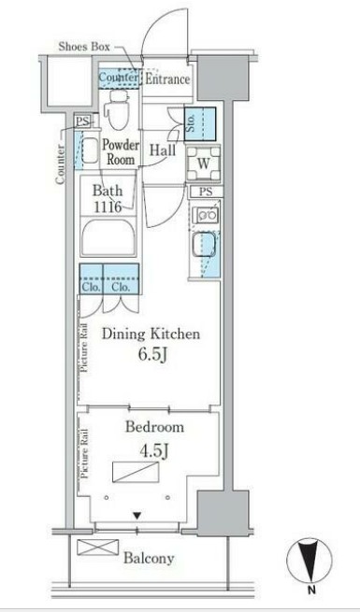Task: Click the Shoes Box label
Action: pyautogui.click(x=84, y=47)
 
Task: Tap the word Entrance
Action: pyautogui.click(x=167, y=79)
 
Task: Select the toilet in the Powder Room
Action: pyautogui.click(x=119, y=109)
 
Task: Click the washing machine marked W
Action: pyautogui.click(x=203, y=164)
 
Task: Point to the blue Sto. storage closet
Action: pyautogui.click(x=200, y=124)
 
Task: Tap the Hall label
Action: pyautogui.click(x=163, y=150)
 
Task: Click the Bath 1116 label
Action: pyautogui.click(x=108, y=198)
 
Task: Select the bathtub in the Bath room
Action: pyautogui.click(x=108, y=237)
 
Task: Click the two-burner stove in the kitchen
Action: pyautogui.click(x=207, y=214)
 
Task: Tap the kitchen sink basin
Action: pyautogui.click(x=203, y=244)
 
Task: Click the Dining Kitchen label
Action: pyautogui.click(x=151, y=334)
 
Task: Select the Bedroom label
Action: pyautogui.click(x=154, y=427)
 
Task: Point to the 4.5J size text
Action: pyautogui.click(x=154, y=451)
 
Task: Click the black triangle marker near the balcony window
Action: pyautogui.click(x=137, y=516)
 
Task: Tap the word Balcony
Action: pyautogui.click(x=149, y=558)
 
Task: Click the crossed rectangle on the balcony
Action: pyautogui.click(x=97, y=547)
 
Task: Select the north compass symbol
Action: pyautogui.click(x=310, y=561)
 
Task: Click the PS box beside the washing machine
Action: pyautogui.click(x=206, y=192)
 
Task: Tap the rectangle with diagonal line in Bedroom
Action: pyautogui.click(x=136, y=472)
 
